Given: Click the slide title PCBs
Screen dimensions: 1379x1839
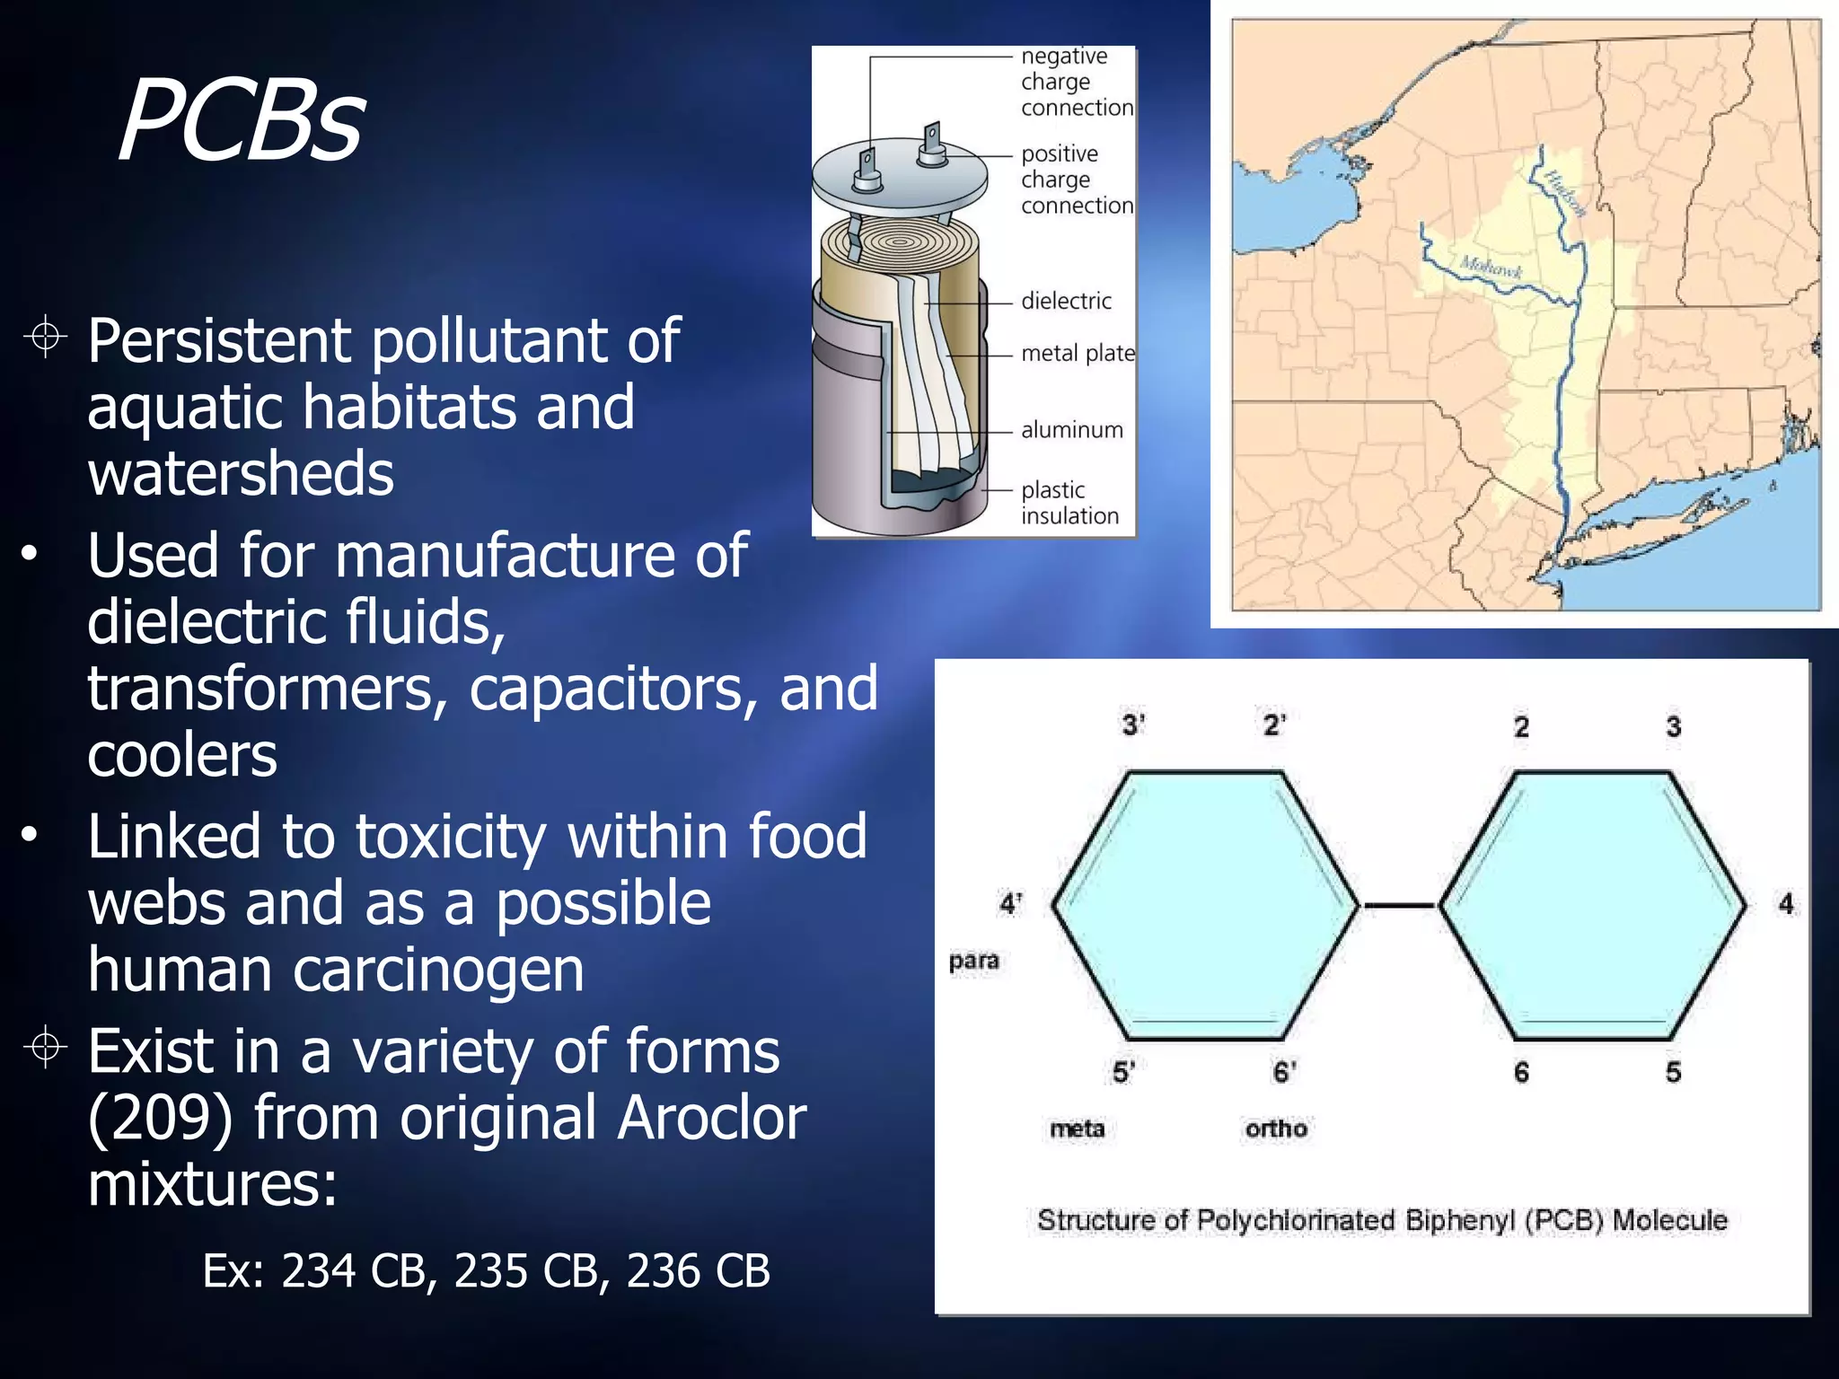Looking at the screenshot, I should pyautogui.click(x=241, y=121).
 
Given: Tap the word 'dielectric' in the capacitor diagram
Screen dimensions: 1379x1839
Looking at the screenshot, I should pyautogui.click(x=1066, y=301).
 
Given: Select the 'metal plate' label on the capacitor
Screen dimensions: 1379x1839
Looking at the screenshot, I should pyautogui.click(x=1078, y=353).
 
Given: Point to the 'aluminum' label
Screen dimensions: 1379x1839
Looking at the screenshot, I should pyautogui.click(x=1071, y=430).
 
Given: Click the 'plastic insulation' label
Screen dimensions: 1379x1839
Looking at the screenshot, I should pyautogui.click(x=1069, y=503).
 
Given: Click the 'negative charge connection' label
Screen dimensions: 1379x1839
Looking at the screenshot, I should pyautogui.click(x=1075, y=82).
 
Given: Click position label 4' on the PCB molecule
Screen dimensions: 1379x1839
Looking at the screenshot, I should pyautogui.click(x=1010, y=903).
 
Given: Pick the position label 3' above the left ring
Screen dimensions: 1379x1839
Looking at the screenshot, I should pyautogui.click(x=1132, y=725).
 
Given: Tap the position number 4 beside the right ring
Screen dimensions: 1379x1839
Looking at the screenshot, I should pyautogui.click(x=1786, y=903).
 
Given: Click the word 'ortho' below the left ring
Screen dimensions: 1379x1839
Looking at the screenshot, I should pyautogui.click(x=1275, y=1129).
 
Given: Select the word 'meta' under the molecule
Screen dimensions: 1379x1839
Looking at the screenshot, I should pyautogui.click(x=1077, y=1129).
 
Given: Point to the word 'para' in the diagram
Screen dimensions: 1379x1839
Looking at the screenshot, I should pyautogui.click(x=973, y=962).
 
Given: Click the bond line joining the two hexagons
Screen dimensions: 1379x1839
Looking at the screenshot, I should pyautogui.click(x=1399, y=906).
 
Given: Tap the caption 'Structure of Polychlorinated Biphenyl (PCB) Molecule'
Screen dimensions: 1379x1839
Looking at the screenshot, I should pyautogui.click(x=1382, y=1220).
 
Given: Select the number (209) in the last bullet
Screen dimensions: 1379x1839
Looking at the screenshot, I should pyautogui.click(x=161, y=1118).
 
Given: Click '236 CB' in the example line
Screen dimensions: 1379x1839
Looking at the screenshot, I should pyautogui.click(x=698, y=1271).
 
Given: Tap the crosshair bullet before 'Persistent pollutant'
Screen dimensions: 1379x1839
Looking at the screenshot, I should pyautogui.click(x=45, y=338).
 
